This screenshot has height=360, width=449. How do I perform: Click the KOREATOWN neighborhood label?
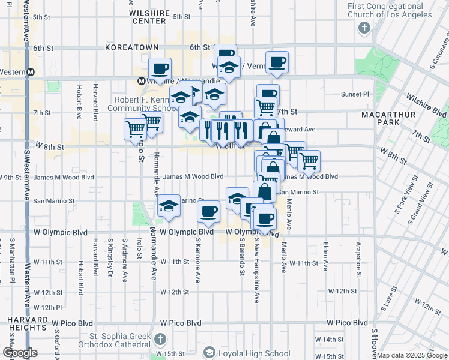coord(131,47)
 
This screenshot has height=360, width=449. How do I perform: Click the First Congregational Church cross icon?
coord(364,28)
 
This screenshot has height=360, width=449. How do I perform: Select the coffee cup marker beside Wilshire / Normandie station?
coord(160,68)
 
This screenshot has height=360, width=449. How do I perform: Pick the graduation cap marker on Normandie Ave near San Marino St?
coord(169,206)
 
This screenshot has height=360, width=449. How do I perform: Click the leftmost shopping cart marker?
coord(135,128)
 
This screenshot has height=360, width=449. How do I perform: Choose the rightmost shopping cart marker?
coord(309,160)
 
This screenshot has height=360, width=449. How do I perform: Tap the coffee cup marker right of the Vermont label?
coord(277,62)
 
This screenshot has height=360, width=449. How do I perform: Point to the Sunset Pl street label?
coord(355,94)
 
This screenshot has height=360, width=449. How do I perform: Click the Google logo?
coord(20,353)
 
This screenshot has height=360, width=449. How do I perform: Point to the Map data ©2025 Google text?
coord(411,355)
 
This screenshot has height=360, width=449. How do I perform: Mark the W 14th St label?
coord(333,340)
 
